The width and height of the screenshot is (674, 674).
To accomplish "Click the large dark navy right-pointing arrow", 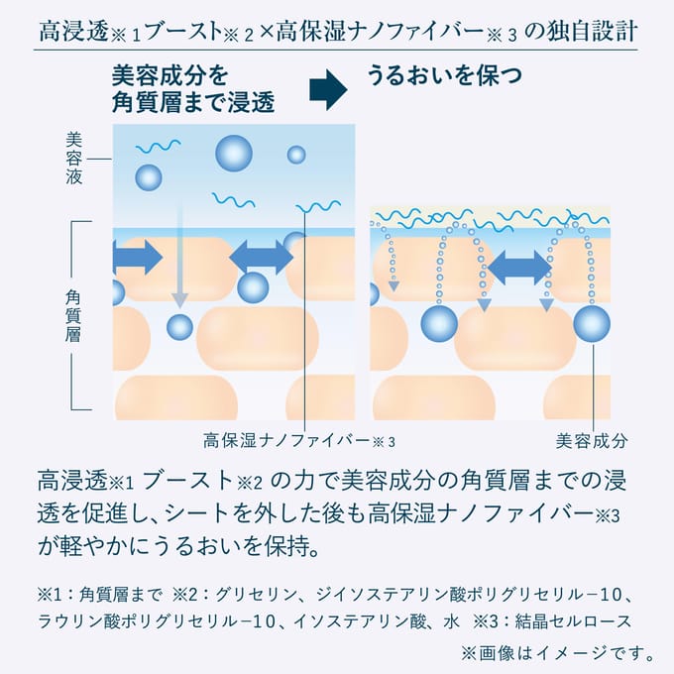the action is [328, 90].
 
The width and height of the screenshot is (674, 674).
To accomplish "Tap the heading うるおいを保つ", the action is [444, 75].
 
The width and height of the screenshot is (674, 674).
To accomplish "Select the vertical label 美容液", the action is [74, 159].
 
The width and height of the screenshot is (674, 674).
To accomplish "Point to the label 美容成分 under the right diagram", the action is [592, 441].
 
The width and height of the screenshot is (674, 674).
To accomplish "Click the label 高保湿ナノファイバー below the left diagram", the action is [286, 441].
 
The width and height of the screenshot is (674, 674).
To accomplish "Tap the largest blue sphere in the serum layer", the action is [234, 154].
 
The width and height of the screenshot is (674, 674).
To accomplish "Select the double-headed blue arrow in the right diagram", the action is [519, 268].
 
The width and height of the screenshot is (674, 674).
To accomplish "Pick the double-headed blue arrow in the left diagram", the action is [262, 258].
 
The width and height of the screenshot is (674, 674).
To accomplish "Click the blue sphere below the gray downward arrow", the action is [179, 327].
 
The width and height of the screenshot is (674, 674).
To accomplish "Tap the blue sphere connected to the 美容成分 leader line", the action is [592, 324].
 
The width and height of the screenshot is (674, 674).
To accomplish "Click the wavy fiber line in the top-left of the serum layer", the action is [159, 147].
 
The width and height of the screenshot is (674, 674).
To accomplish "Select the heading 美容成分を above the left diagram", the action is [170, 75].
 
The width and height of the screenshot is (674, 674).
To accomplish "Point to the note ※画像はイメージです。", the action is [558, 654].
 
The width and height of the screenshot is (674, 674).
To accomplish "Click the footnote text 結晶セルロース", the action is [573, 621].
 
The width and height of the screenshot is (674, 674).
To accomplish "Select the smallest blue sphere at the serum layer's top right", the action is [296, 155].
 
